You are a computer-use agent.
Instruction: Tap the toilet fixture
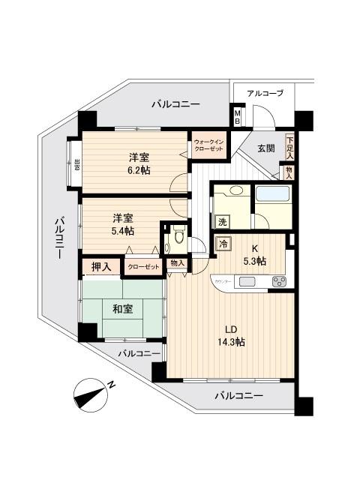click(x=177, y=241)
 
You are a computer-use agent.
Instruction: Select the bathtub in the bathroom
click(x=271, y=196)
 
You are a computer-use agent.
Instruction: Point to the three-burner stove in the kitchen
click(x=279, y=282)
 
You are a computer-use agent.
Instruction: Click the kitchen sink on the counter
click(x=248, y=283)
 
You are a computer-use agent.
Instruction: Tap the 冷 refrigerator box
click(x=223, y=243)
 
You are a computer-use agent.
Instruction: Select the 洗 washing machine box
click(x=222, y=221)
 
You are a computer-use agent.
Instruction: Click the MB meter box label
click(x=237, y=116)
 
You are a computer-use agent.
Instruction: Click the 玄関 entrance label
click(x=265, y=148)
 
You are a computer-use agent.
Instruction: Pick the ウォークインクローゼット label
click(x=207, y=145)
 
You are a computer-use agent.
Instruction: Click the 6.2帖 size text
click(x=137, y=171)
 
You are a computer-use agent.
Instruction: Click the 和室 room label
click(x=122, y=308)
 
